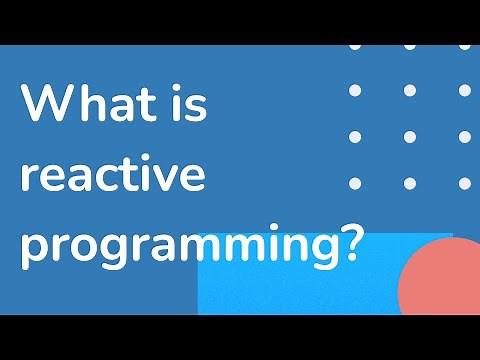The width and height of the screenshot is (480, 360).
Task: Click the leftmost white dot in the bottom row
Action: coord(354,182)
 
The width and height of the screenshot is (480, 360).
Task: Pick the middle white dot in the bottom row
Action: coord(409,182)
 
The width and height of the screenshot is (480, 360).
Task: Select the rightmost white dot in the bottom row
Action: coord(464,182)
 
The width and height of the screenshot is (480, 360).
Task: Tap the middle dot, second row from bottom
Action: coord(409,136)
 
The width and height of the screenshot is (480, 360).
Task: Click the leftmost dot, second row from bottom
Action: coord(354,136)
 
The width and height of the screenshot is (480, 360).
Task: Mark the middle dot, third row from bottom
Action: coord(409,90)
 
